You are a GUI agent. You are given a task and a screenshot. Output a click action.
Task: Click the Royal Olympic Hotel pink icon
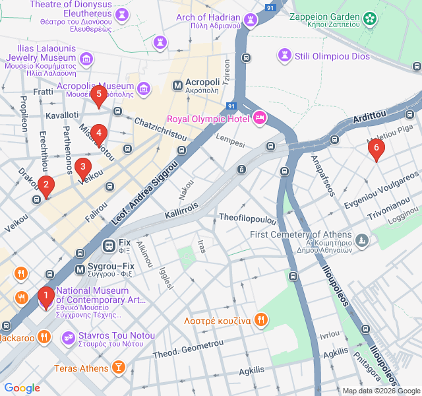point(260,118)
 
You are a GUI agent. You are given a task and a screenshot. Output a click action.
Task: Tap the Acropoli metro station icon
point(177,85)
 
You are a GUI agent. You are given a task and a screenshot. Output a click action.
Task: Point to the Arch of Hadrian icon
point(251,20)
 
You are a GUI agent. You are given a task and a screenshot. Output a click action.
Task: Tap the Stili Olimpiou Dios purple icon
point(285,53)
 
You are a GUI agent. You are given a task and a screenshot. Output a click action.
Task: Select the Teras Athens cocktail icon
point(118,368)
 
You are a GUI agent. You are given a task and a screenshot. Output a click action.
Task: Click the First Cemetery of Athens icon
point(361,240)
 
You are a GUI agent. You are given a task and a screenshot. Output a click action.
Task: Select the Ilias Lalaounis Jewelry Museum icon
point(85,59)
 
